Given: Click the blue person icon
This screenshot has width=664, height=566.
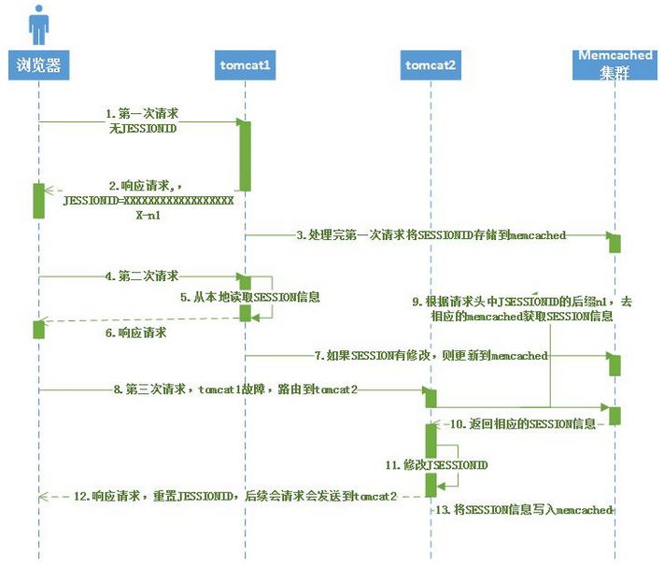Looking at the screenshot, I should [x=38, y=25].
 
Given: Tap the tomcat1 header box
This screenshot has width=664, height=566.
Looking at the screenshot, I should [x=245, y=64].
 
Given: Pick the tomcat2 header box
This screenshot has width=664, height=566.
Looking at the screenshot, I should [x=431, y=64].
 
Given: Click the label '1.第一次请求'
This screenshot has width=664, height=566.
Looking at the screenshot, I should [x=143, y=113].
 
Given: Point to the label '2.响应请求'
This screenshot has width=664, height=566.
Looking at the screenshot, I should [x=139, y=186].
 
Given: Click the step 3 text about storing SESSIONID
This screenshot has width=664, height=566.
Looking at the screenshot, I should [x=431, y=235].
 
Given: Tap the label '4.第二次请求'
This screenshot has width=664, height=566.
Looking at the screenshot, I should [x=143, y=276].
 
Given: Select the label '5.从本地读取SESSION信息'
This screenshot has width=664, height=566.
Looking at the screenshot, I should [x=250, y=297].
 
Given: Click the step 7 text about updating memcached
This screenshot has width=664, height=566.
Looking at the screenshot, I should [x=431, y=356].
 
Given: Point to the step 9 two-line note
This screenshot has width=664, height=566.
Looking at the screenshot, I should [x=522, y=308].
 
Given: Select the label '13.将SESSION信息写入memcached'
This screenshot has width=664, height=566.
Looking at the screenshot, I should [x=524, y=510].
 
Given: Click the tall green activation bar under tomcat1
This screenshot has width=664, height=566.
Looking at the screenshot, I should [x=245, y=155].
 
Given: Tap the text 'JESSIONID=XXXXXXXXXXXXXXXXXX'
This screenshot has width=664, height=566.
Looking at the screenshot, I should [x=148, y=200].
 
